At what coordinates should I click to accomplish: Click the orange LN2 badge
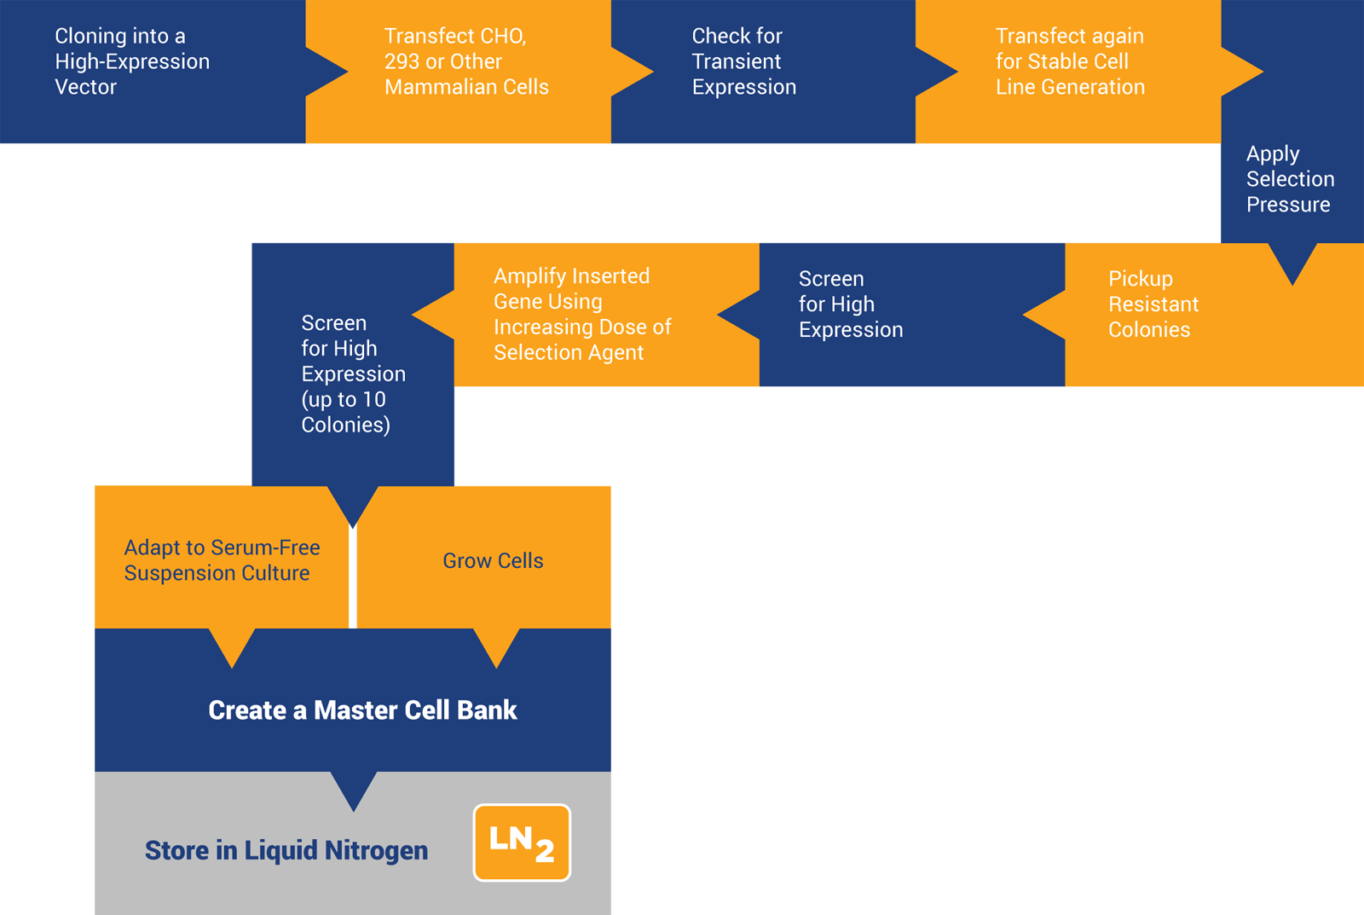pyautogui.click(x=522, y=843)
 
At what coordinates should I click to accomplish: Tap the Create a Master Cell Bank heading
pyautogui.click(x=362, y=710)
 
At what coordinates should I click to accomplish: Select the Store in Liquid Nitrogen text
pyautogui.click(x=286, y=850)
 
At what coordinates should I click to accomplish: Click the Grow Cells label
pyautogui.click(x=493, y=561)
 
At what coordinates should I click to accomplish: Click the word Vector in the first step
pyautogui.click(x=85, y=87)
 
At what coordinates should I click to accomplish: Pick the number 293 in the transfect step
pyautogui.click(x=401, y=61)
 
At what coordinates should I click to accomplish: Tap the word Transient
pyautogui.click(x=737, y=61)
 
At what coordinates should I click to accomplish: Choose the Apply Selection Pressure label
pyautogui.click(x=1289, y=179)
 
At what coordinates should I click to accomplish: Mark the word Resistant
pyautogui.click(x=1153, y=304)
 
